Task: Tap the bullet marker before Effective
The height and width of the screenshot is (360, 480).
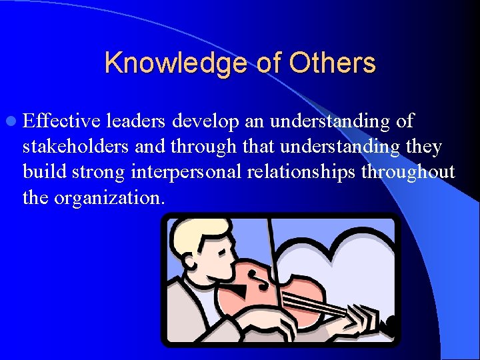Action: click(x=13, y=122)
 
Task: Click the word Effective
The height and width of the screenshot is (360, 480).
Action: click(x=61, y=121)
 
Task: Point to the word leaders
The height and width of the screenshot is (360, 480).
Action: click(x=136, y=121)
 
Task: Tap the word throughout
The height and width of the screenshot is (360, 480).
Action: click(x=408, y=173)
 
